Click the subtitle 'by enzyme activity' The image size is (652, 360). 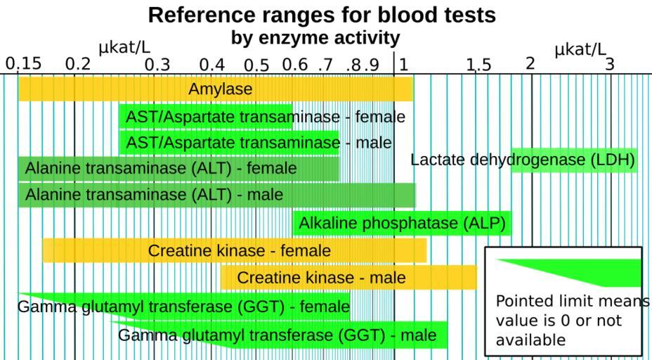click(x=315, y=37)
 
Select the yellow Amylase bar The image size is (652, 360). click(x=216, y=89)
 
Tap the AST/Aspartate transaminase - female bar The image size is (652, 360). click(x=206, y=117)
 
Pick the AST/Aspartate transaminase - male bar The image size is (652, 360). click(x=229, y=143)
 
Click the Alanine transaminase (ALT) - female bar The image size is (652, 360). click(x=178, y=169)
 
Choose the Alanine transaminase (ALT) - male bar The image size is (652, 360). click(x=216, y=195)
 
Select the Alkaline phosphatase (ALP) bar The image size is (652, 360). click(x=402, y=224)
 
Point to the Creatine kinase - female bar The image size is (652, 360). click(x=235, y=250)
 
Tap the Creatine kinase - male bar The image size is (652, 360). click(x=349, y=278)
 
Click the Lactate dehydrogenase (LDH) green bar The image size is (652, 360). click(x=574, y=160)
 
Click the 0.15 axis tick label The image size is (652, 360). click(x=24, y=64)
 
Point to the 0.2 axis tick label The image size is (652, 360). click(x=77, y=65)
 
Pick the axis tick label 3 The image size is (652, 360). click(x=610, y=64)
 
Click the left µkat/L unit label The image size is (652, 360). click(x=124, y=48)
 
